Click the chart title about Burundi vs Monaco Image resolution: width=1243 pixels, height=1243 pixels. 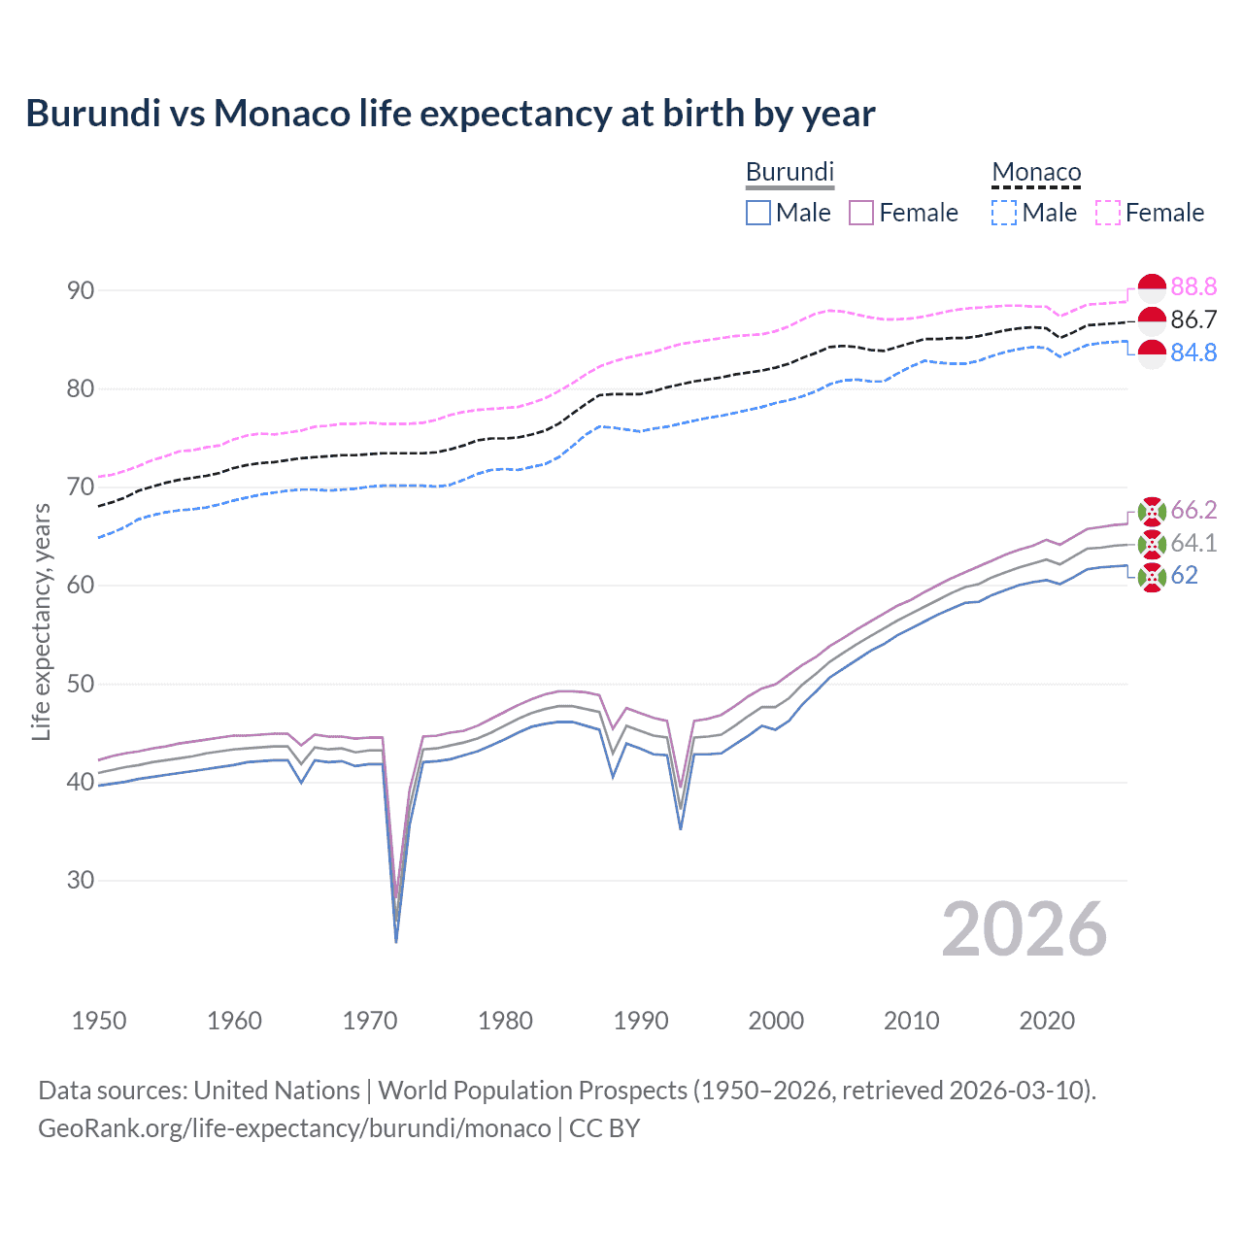pyautogui.click(x=451, y=114)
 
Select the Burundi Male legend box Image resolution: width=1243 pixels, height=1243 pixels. pyautogui.click(x=758, y=213)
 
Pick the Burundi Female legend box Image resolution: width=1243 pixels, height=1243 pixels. pyautogui.click(x=861, y=213)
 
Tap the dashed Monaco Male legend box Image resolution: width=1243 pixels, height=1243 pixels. pyautogui.click(x=1004, y=213)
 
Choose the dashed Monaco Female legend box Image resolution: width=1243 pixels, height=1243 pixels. pyautogui.click(x=1108, y=213)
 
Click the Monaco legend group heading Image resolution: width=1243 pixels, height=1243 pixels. pyautogui.click(x=1036, y=172)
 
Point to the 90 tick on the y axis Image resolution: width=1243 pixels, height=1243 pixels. pyautogui.click(x=81, y=290)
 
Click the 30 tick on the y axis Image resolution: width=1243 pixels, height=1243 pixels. pyautogui.click(x=81, y=880)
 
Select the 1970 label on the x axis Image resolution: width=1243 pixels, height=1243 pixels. pyautogui.click(x=370, y=1021)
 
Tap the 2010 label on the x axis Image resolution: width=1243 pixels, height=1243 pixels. pyautogui.click(x=911, y=1021)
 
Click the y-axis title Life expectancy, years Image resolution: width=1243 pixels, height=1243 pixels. pyautogui.click(x=41, y=621)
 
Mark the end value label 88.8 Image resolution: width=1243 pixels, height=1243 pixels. pyautogui.click(x=1193, y=286)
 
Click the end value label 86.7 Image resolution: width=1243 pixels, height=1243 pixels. pyautogui.click(x=1193, y=319)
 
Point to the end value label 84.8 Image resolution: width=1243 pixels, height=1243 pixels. pyautogui.click(x=1193, y=353)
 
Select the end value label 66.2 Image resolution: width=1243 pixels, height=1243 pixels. pyautogui.click(x=1193, y=510)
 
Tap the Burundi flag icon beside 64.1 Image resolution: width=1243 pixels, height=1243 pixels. pyautogui.click(x=1152, y=544)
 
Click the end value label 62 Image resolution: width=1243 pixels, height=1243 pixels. pyautogui.click(x=1184, y=576)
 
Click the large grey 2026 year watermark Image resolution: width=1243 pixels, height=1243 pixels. pyautogui.click(x=1025, y=929)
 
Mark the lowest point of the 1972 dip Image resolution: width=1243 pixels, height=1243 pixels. pyautogui.click(x=396, y=941)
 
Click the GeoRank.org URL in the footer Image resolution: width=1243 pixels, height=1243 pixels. pyautogui.click(x=294, y=1128)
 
